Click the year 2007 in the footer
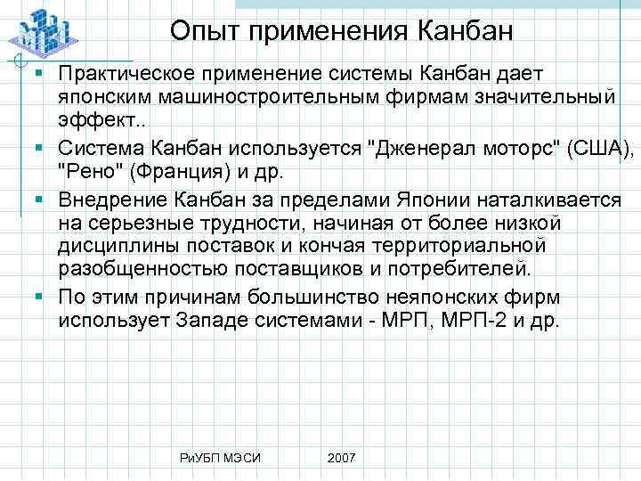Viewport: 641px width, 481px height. (x=341, y=457)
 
